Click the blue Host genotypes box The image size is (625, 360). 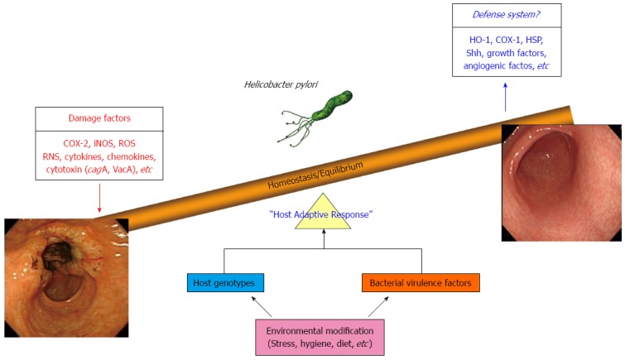[225, 283]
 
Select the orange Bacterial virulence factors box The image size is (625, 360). [421, 283]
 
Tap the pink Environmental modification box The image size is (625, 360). [320, 337]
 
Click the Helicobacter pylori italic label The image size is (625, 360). [281, 84]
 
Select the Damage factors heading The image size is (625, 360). [99, 118]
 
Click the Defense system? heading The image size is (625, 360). [507, 15]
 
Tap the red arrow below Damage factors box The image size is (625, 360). [99, 198]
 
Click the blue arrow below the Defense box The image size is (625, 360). [506, 97]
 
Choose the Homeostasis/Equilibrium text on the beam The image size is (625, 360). [315, 175]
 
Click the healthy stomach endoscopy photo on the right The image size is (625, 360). [561, 183]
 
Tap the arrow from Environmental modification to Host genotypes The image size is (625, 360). [261, 306]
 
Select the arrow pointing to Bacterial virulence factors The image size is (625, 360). [378, 306]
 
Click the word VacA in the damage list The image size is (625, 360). [125, 170]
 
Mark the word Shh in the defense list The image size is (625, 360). [474, 53]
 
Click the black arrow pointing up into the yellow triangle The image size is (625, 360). [324, 239]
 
